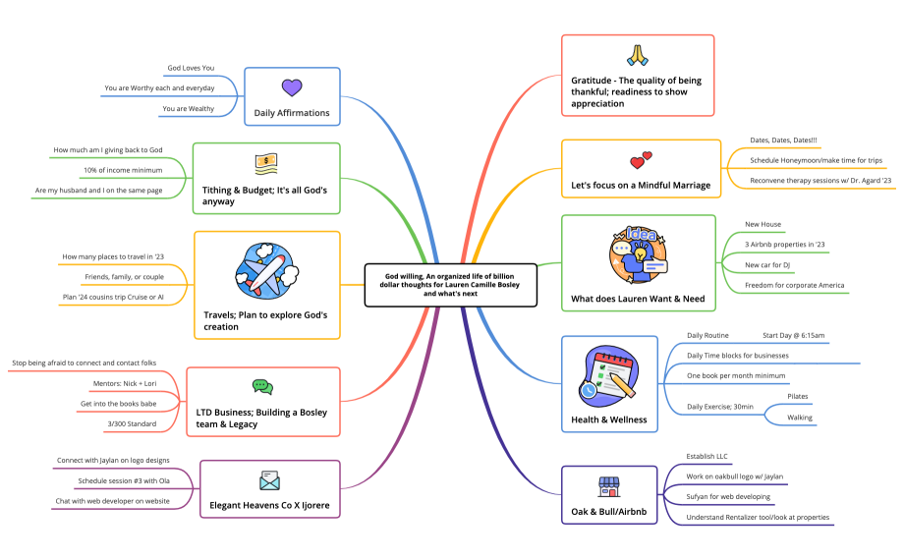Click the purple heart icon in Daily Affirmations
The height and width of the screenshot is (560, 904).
click(x=291, y=87)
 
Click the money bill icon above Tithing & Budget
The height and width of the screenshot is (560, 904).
click(x=266, y=162)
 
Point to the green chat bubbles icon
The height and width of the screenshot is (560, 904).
click(x=261, y=387)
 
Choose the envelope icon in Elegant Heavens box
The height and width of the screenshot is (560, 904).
click(x=269, y=480)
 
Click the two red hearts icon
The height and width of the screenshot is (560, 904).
click(x=641, y=159)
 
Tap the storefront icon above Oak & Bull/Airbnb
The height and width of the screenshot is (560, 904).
click(x=609, y=486)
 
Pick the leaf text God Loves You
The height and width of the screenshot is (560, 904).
click(x=191, y=68)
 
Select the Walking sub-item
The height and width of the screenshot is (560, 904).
click(x=800, y=417)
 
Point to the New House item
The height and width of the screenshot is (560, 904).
click(x=763, y=224)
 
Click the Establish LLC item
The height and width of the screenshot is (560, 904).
click(x=708, y=456)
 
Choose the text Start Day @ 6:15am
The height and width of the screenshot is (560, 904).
click(x=794, y=335)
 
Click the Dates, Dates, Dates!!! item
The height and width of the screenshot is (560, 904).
click(x=783, y=140)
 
